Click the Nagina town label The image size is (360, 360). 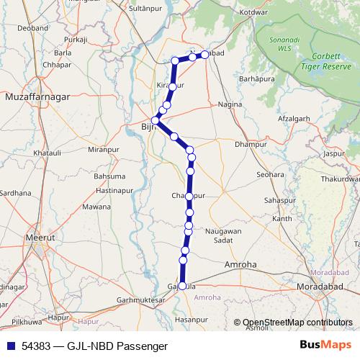pyautogui.click(x=230, y=104)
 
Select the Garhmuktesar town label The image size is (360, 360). pyautogui.click(x=127, y=300)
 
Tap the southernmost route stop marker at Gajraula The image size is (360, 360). pyautogui.click(x=182, y=286)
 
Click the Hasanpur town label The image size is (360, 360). pyautogui.click(x=191, y=318)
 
